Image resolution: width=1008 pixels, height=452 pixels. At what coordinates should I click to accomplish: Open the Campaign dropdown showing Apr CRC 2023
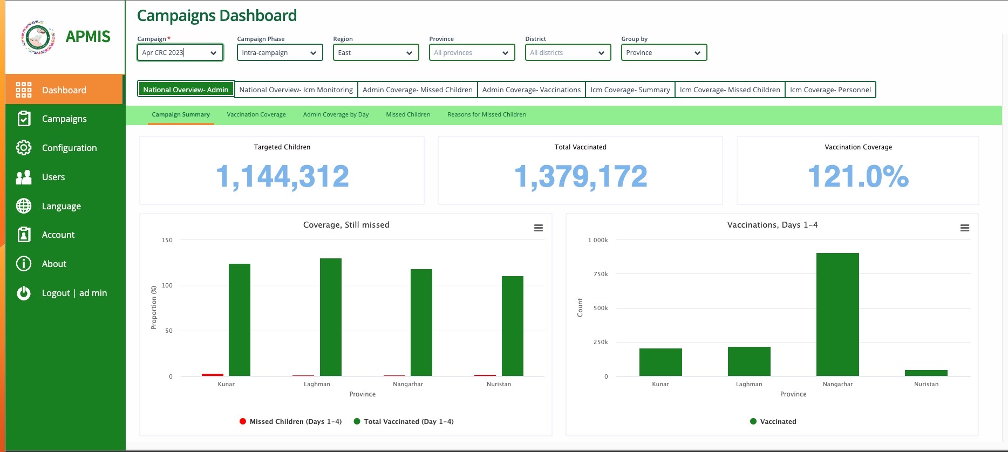coord(180,52)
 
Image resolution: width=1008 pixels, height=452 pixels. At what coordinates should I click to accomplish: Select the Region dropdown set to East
coord(376,52)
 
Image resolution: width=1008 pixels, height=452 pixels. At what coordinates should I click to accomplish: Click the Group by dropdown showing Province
coord(664,52)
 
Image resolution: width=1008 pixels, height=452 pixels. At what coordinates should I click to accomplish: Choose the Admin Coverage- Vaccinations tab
coord(531,90)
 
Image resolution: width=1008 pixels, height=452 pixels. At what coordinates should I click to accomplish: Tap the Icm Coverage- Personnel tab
coord(830,90)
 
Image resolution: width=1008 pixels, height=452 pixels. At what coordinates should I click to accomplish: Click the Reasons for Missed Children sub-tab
coord(486,114)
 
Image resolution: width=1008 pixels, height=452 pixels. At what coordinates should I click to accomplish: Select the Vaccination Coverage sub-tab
coord(256,114)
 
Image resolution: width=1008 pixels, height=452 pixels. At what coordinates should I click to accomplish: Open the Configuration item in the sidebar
coord(69,148)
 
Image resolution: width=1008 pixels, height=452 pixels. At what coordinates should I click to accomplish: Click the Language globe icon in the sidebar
coord(24,206)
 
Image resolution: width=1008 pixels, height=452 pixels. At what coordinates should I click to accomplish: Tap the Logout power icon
coord(24,293)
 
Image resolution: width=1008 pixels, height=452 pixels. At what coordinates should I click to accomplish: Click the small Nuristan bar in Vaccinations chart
coord(926,373)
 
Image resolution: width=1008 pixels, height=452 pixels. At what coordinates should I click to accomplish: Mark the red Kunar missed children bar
coord(212,374)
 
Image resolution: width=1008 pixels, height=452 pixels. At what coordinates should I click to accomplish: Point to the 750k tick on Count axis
coord(601,274)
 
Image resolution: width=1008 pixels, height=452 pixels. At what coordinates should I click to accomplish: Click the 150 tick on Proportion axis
coord(167,240)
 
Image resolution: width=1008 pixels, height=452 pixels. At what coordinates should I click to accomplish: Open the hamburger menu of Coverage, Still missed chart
coord(538,228)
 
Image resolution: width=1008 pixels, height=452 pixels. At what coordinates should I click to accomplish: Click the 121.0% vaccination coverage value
coord(858,176)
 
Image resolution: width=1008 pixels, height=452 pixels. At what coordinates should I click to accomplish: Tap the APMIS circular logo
coord(38,37)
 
